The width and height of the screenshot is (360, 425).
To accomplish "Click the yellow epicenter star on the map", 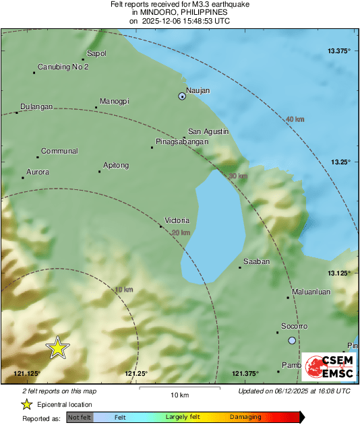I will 58,348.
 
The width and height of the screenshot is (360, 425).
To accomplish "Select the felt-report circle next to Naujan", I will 182,96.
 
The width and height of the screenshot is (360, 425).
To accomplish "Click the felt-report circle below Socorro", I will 292,341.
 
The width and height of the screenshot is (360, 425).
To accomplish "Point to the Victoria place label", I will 177,220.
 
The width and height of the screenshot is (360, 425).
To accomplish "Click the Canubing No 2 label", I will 63,67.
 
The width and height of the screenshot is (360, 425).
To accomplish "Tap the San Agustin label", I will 208,131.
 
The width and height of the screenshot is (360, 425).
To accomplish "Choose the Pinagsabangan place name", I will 181,142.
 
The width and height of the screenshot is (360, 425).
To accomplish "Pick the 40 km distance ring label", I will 295,119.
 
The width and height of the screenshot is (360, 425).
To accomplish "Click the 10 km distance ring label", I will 124,290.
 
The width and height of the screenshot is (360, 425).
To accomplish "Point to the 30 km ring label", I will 238,176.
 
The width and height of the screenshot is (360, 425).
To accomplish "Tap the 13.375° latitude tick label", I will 339,51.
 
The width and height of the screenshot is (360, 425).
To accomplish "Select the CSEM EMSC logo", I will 328,366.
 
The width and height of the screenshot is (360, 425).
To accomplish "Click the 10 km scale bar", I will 179,388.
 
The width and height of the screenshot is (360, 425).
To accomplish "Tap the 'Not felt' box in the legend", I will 80,418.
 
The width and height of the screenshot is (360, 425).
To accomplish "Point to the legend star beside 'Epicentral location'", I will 26,404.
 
